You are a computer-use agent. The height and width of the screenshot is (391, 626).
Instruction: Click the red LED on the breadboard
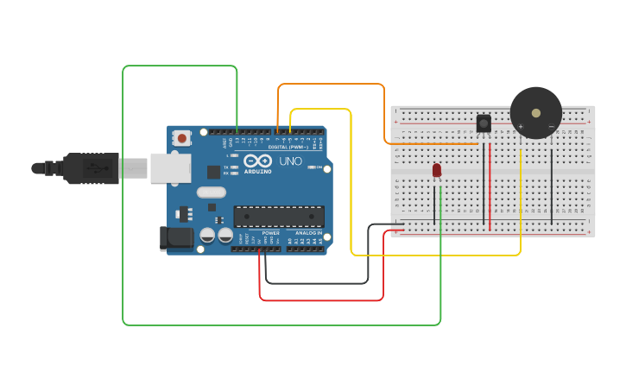(437, 169)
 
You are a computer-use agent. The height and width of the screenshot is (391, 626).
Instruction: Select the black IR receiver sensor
(484, 123)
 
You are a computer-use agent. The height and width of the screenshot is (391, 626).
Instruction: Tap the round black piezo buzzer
(536, 111)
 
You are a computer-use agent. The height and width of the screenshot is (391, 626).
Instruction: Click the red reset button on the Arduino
(182, 137)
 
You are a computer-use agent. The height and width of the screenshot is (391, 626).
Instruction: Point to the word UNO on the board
(290, 161)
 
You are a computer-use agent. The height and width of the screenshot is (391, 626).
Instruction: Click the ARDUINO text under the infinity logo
(258, 171)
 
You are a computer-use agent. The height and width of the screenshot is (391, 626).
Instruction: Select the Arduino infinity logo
(258, 161)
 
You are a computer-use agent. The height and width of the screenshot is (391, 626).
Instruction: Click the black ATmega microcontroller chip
(279, 216)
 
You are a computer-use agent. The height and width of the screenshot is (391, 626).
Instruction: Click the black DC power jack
(177, 237)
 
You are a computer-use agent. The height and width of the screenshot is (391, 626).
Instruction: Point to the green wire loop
(123, 199)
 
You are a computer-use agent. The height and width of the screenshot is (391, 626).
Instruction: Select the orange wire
(332, 84)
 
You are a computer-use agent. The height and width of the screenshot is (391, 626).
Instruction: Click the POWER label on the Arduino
(270, 233)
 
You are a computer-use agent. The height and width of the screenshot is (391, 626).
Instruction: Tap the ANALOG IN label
(307, 233)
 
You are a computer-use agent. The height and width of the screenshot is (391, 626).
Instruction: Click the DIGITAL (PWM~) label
(288, 147)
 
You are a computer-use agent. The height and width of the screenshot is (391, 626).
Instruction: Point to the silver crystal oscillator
(211, 192)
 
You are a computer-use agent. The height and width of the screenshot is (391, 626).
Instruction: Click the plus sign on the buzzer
(521, 127)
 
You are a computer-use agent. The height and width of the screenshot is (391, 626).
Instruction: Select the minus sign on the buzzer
(551, 127)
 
